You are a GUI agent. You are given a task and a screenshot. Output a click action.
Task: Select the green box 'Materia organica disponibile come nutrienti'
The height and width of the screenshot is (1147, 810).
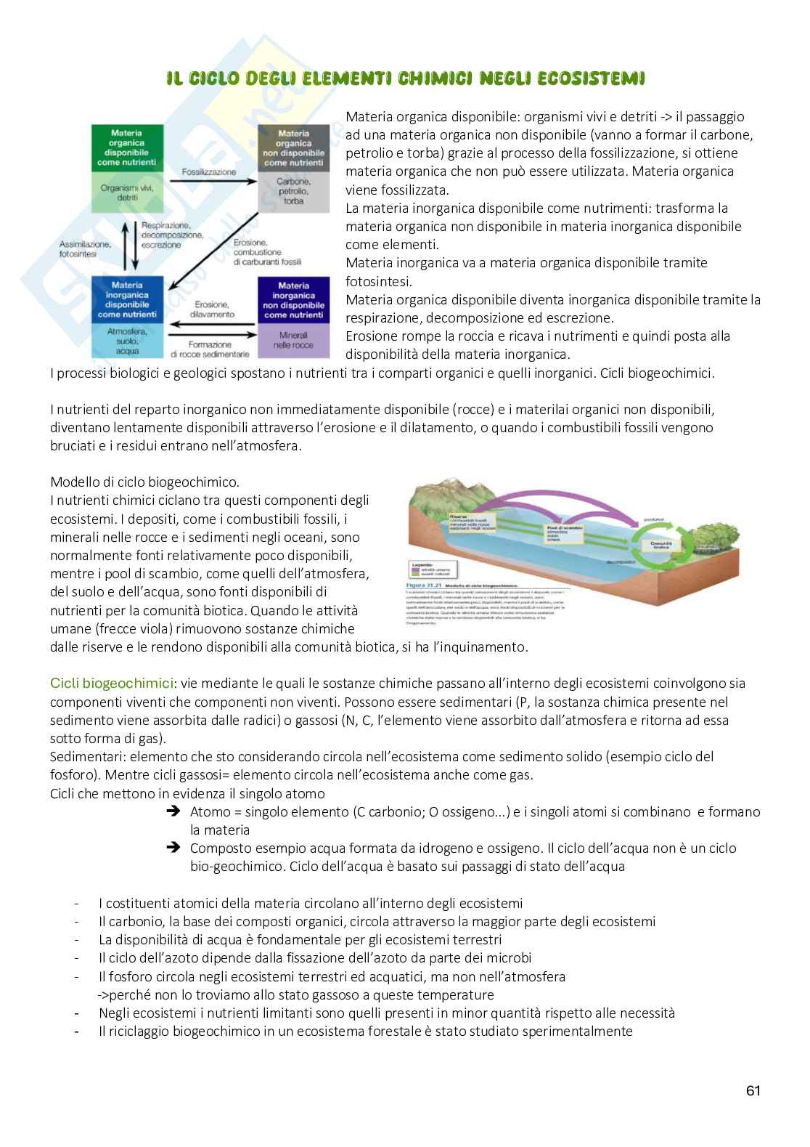pos(127,148)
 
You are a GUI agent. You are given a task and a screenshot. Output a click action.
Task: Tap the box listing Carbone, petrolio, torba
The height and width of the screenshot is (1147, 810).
pos(293,191)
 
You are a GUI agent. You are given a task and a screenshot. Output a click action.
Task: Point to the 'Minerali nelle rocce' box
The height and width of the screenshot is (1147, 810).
pos(293,341)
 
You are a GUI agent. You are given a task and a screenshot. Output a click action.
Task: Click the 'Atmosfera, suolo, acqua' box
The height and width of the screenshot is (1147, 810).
pos(127,341)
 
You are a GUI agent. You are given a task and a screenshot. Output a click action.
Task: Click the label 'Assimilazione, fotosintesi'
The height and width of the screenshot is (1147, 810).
pos(85,250)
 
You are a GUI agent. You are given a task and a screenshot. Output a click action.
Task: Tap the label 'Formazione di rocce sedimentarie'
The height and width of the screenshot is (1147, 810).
pos(210,349)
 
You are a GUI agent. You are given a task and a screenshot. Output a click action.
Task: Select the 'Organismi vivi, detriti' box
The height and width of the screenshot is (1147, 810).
pos(127,192)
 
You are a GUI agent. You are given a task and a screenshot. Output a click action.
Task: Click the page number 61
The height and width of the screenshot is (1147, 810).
pos(753,1090)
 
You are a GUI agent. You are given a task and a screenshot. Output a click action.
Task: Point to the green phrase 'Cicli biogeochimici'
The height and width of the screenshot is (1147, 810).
pos(112,684)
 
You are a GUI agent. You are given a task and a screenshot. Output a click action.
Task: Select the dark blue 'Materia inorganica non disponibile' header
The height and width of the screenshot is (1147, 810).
pos(293,300)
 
